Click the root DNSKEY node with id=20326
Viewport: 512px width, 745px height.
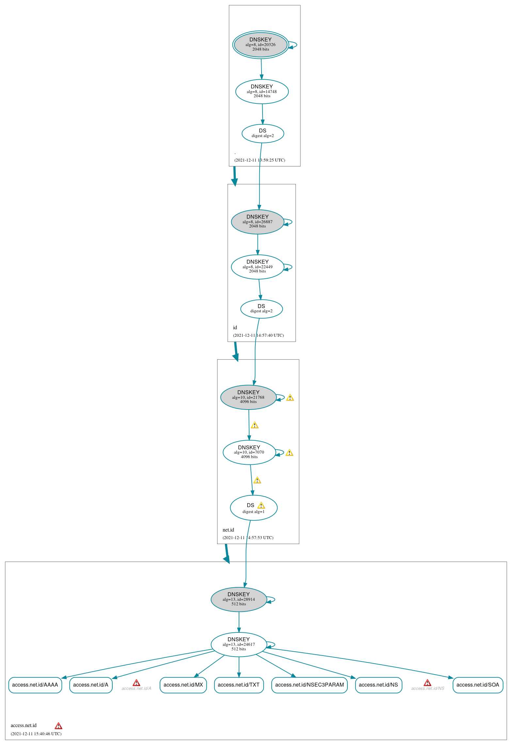coord(261,45)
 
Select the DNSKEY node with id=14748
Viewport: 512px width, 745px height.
coord(262,92)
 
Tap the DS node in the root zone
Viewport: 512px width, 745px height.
coord(263,133)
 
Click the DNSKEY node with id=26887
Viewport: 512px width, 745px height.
coord(258,222)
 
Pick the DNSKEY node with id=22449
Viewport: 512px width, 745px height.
coord(258,267)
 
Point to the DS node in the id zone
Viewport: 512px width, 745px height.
coord(262,309)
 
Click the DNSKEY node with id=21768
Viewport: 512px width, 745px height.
coord(248,397)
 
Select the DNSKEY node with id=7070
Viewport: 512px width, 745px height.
coord(249,452)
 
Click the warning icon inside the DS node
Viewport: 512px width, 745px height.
coord(261,505)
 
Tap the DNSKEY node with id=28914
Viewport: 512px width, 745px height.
coord(239,599)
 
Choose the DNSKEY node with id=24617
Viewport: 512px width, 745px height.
coord(239,644)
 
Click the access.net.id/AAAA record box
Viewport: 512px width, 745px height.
coord(35,685)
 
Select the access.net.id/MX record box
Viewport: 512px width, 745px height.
coord(183,685)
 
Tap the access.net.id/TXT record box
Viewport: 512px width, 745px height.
coord(239,685)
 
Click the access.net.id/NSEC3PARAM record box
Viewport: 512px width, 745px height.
coord(310,685)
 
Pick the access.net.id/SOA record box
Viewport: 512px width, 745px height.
coord(478,685)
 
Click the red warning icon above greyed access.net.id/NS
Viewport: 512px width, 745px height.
coord(427,683)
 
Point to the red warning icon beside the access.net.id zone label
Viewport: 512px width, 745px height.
coord(58,726)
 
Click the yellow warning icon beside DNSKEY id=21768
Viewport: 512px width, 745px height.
coord(290,397)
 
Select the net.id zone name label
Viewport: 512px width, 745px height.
coord(228,530)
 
